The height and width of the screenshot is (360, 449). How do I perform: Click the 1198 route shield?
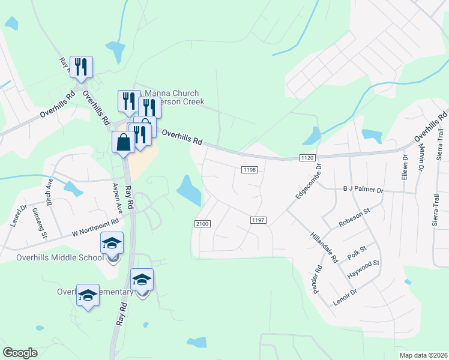coord(250,170)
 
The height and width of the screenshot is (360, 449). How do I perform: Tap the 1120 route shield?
coord(307,157)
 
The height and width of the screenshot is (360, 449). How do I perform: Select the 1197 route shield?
coord(258,220)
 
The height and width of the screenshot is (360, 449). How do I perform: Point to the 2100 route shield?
coord(202,224)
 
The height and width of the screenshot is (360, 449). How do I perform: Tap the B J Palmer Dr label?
coord(362,190)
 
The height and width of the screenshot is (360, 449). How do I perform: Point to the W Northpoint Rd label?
coord(95,228)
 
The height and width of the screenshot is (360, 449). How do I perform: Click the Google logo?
coord(20,353)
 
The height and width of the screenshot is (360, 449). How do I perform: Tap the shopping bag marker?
coord(124,143)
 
